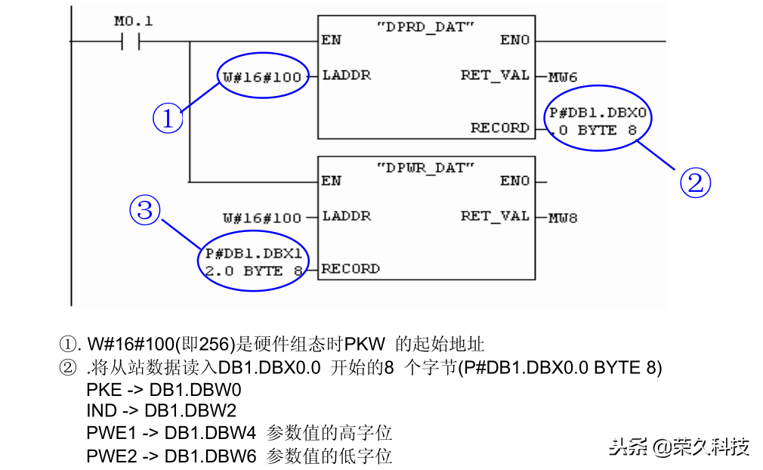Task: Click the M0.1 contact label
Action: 133,22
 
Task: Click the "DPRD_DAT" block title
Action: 425,26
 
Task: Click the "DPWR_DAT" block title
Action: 425,167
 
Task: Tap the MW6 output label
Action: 563,77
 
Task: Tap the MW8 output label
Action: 563,218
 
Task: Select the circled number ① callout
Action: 167,119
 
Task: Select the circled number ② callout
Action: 696,183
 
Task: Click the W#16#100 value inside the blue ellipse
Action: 262,77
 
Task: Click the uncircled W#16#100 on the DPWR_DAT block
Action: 262,218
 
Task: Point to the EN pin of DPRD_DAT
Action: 331,40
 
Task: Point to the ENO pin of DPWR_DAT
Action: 515,181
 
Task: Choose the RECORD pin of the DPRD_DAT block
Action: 499,128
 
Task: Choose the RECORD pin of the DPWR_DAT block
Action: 351,268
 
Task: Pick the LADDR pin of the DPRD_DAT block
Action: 347,76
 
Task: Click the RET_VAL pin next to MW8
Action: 495,216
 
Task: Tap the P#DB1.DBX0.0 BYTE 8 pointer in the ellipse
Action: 598,122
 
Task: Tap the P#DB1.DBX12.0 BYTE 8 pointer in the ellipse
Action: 254,262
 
